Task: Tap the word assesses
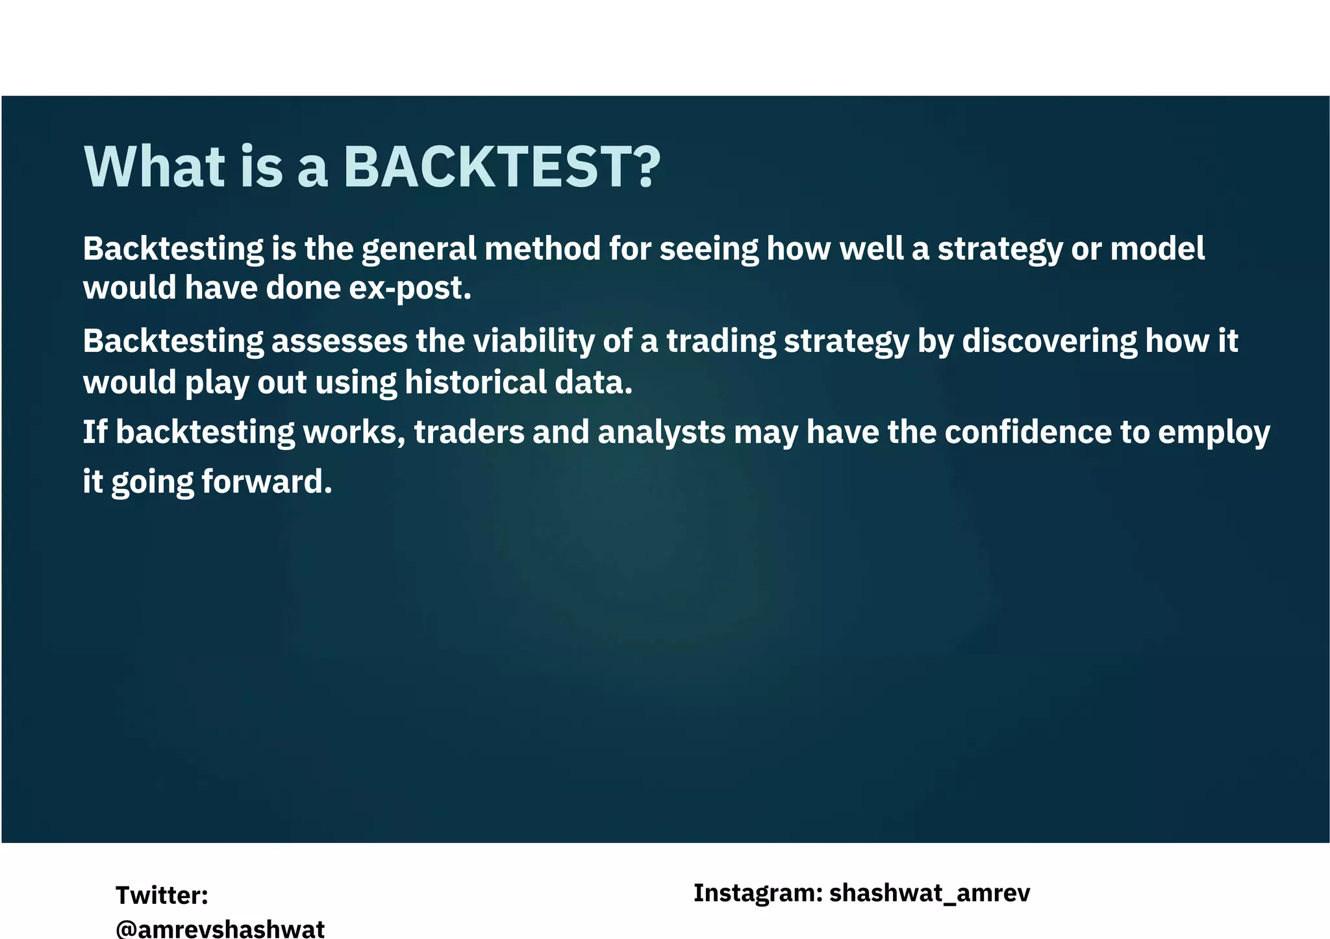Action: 340,342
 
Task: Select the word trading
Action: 721,342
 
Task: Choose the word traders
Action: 469,432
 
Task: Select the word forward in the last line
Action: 266,482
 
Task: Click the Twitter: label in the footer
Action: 162,895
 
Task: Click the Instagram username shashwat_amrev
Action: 929,894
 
